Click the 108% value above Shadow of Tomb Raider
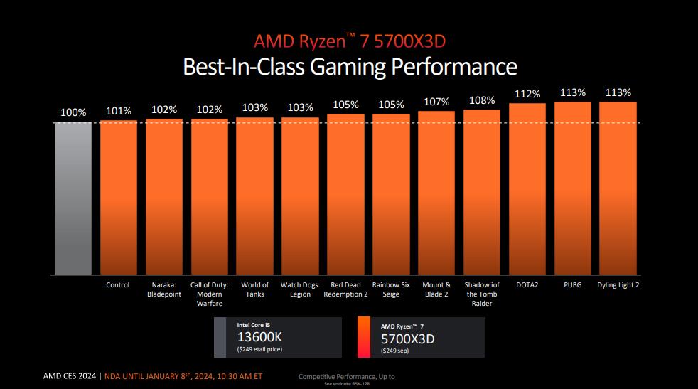[x=482, y=100]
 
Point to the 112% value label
[x=527, y=94]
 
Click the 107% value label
[x=436, y=102]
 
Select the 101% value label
[x=118, y=110]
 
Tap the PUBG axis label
[x=572, y=285]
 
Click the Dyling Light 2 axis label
[x=618, y=285]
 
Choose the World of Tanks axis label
[x=254, y=289]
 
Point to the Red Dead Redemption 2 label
[x=345, y=289]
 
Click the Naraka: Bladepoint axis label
[x=163, y=289]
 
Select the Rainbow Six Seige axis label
[x=391, y=289]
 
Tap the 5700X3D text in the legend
[x=407, y=339]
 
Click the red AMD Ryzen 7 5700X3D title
[x=349, y=41]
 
